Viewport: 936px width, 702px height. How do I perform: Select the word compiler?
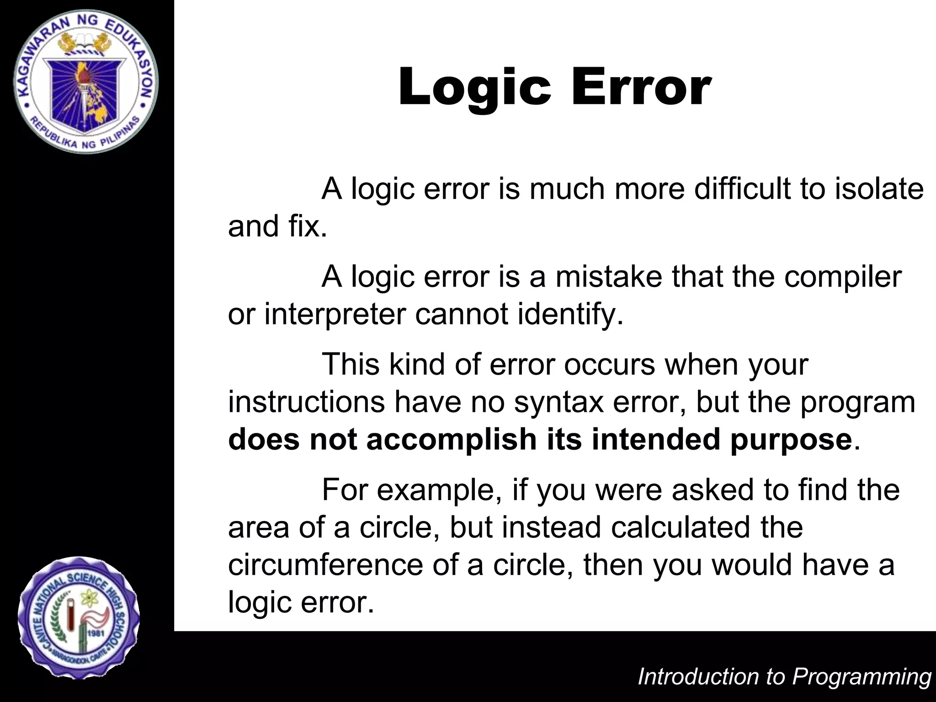pos(843,277)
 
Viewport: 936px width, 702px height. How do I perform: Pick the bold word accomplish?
pos(452,440)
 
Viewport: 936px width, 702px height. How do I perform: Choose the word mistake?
pos(608,277)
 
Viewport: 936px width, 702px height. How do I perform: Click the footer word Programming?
pos(861,677)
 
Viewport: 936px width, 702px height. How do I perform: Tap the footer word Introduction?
pos(697,677)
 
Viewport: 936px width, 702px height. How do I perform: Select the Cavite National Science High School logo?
pos(79,617)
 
